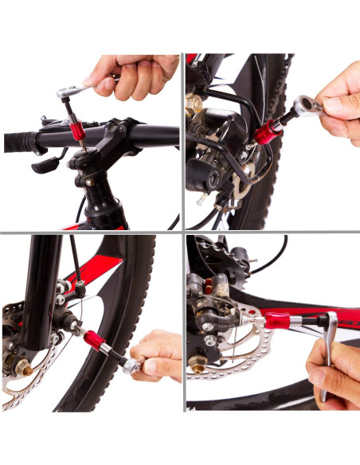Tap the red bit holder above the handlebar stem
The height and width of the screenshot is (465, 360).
[x=76, y=123]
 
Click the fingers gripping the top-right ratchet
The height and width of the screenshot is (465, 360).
[x=338, y=100]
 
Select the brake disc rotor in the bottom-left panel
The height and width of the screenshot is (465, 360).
[x=24, y=382]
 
